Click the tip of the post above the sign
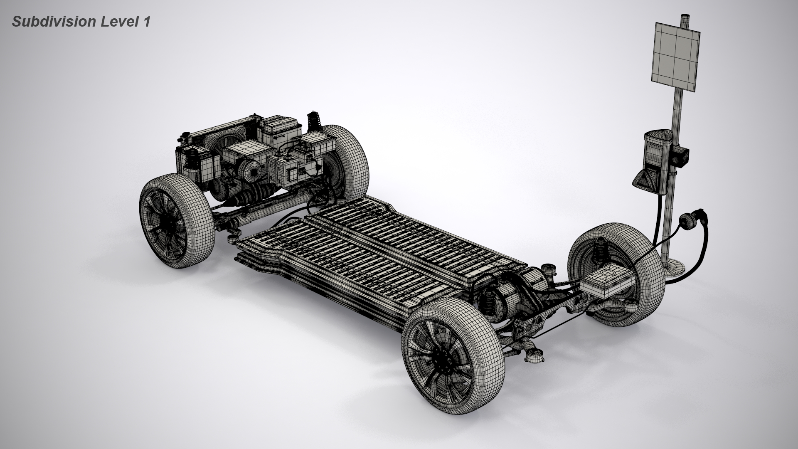coord(684,17)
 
